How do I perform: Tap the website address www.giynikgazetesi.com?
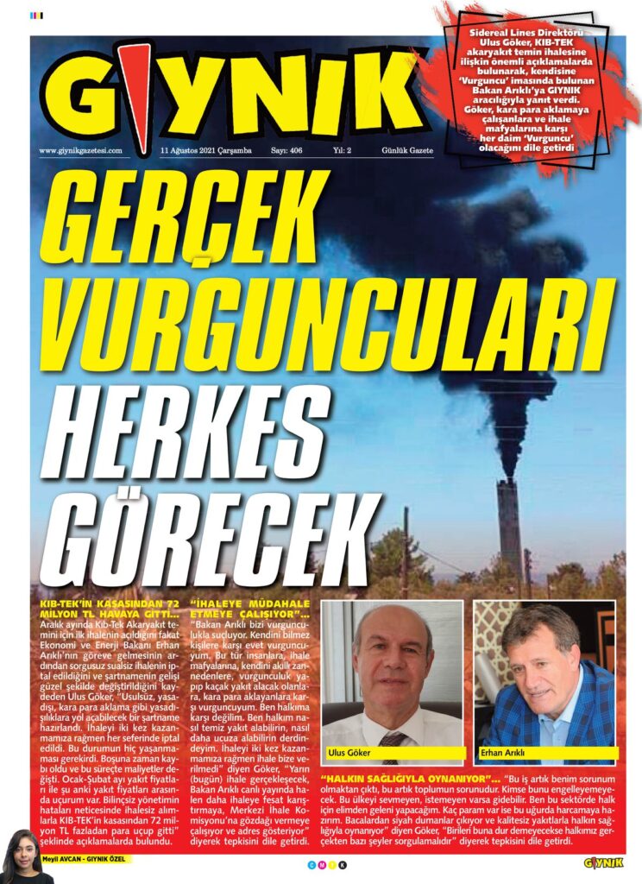point(81,150)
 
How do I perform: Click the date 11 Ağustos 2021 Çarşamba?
point(205,150)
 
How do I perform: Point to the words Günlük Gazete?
point(408,150)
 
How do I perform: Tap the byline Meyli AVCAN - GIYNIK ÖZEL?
point(91,860)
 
